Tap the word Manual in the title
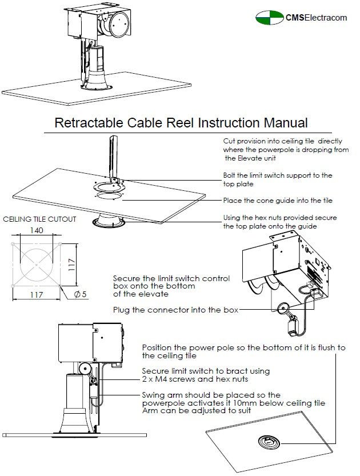286,123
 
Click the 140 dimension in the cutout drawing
36,231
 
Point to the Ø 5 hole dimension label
80,295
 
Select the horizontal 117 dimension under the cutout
37,295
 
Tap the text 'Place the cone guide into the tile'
277,201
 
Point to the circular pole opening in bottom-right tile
267,441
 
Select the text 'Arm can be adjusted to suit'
192,411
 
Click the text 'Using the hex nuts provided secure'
279,218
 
